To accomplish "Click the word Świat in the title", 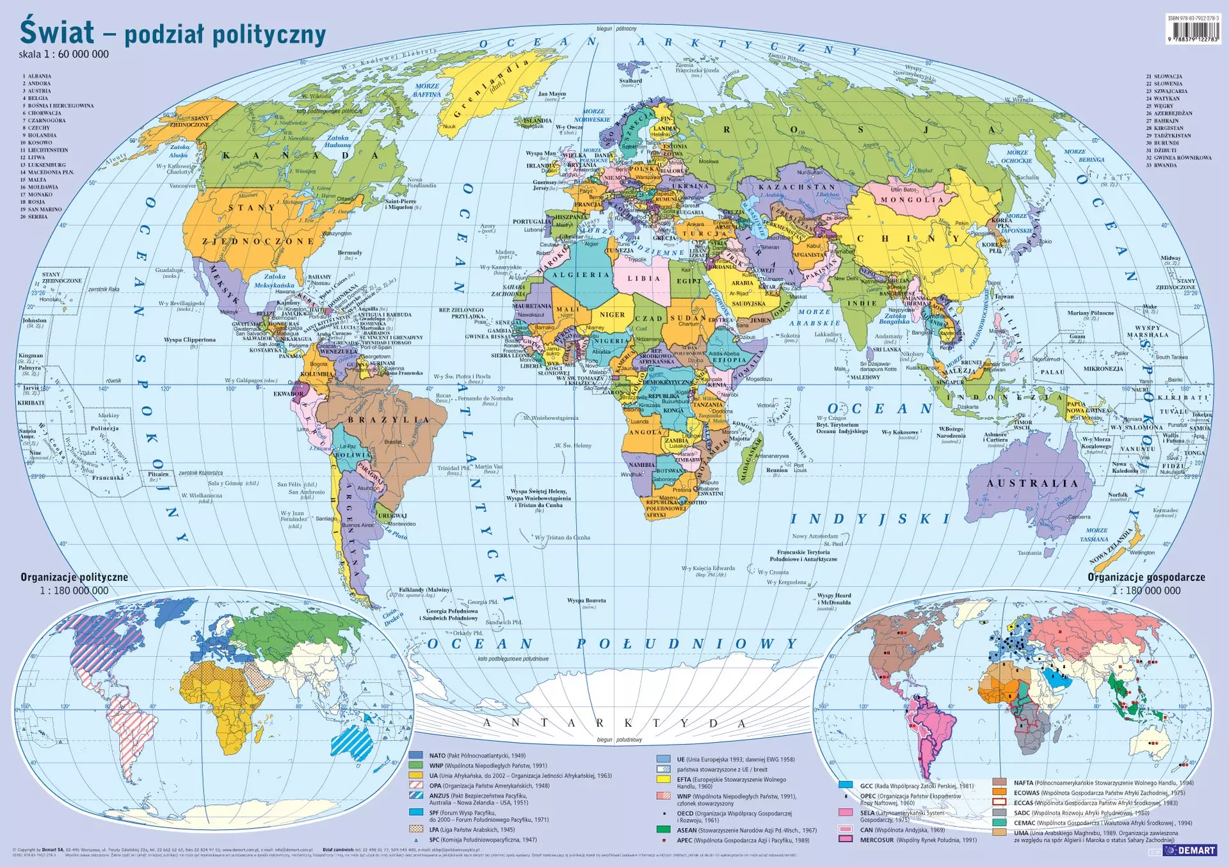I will [56, 32].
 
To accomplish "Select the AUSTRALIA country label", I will [1032, 484].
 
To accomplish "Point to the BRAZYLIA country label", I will [389, 420].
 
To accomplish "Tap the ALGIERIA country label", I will [581, 275].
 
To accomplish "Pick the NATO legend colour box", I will [416, 756].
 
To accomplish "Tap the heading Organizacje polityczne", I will [74, 577].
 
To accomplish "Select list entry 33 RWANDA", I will [1161, 165].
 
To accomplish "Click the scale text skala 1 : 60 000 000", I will [63, 54].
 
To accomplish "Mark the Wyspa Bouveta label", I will [586, 601].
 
